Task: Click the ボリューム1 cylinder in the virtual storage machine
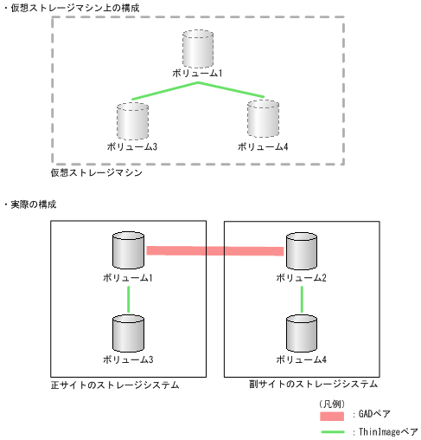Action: [198, 49]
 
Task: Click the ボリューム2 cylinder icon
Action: [301, 251]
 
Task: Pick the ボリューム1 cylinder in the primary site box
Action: [129, 251]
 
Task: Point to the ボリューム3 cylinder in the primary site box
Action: [129, 333]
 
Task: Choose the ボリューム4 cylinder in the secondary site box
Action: [301, 333]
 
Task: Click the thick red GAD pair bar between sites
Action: [214, 251]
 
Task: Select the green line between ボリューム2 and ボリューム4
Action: [301, 300]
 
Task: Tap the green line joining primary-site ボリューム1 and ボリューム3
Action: [129, 300]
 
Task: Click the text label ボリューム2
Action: [301, 277]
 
